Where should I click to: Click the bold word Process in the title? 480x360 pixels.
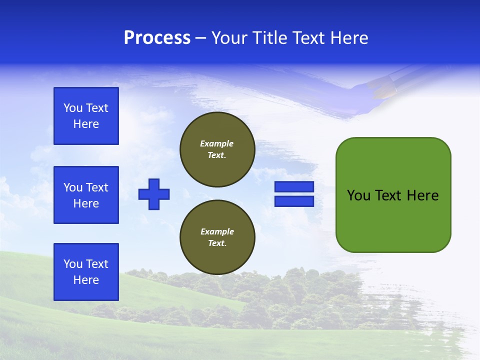[157, 38]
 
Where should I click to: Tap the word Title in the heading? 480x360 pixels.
[268, 38]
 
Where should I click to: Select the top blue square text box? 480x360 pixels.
[86, 116]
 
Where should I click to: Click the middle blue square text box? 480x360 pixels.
[86, 195]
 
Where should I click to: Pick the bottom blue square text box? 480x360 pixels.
[86, 272]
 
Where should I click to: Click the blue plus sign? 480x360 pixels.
[154, 194]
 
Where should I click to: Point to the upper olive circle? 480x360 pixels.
[217, 149]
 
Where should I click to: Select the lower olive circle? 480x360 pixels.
[217, 237]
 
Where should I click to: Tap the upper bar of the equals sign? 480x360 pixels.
[294, 187]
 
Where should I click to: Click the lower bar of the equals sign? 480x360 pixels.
[294, 201]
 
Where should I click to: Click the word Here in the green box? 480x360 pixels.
[422, 195]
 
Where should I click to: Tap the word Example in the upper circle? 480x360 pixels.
[217, 143]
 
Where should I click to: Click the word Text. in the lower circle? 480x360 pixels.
[217, 243]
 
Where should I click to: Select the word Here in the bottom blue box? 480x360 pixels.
[86, 280]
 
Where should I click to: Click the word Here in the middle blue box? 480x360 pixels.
[86, 203]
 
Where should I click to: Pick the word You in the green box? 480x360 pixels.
[358, 195]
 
